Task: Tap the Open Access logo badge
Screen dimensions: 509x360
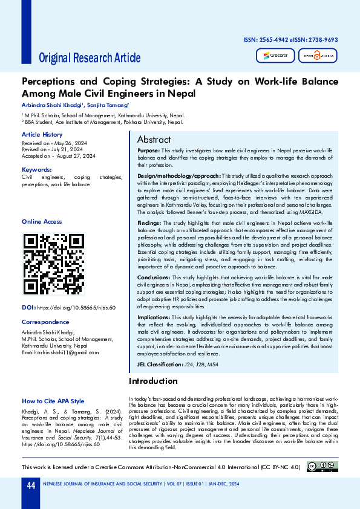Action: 318,56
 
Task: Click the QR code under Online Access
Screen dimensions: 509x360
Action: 54,264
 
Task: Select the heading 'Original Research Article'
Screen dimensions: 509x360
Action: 90,58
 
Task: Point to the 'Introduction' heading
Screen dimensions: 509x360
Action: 153,381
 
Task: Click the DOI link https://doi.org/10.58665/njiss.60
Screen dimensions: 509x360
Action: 76,308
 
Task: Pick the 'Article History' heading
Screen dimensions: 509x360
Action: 42,134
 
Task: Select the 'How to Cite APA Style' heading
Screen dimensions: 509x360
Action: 53,401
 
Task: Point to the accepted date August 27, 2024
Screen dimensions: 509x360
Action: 74,156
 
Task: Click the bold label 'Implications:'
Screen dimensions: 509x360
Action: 154,317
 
